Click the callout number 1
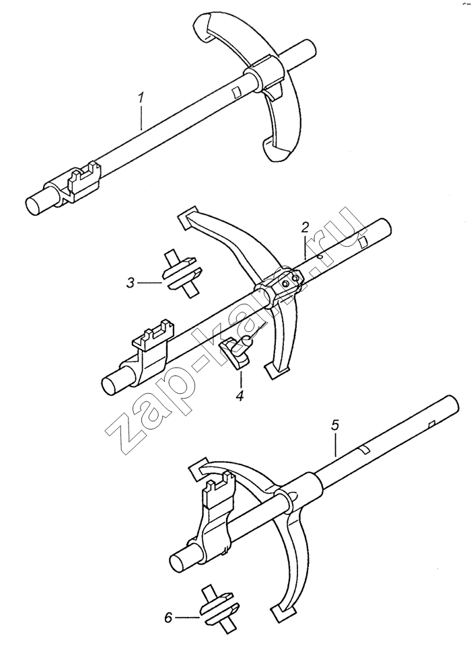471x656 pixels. coord(141,98)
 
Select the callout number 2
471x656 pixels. coord(304,228)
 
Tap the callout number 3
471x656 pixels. coord(131,283)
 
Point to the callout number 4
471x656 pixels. coord(240,396)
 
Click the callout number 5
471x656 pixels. coord(335,425)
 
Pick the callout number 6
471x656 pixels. coord(168,618)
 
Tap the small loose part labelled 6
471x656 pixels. coord(219,610)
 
